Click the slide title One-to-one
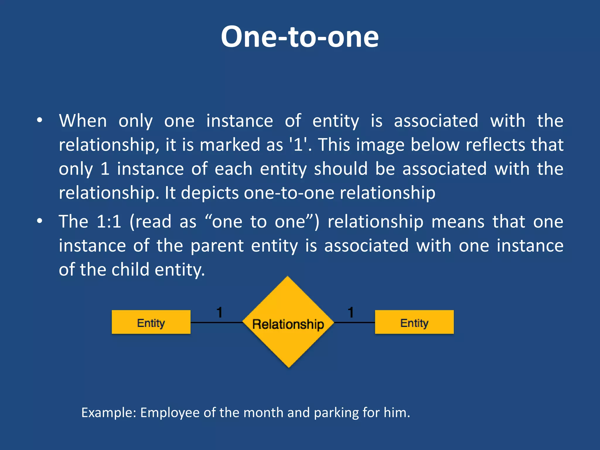tap(300, 37)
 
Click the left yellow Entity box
tap(151, 322)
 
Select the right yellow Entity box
tap(414, 322)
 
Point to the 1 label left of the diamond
tap(219, 312)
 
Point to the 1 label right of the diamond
tap(351, 312)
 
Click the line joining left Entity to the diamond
tap(216, 322)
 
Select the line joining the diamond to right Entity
tap(354, 322)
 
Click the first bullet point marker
tap(40, 121)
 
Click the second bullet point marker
tap(40, 221)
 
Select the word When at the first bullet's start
tap(83, 121)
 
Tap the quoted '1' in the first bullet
tap(298, 144)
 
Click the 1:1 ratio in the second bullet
tap(109, 221)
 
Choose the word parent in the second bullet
tap(217, 246)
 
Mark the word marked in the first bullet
tap(230, 144)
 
